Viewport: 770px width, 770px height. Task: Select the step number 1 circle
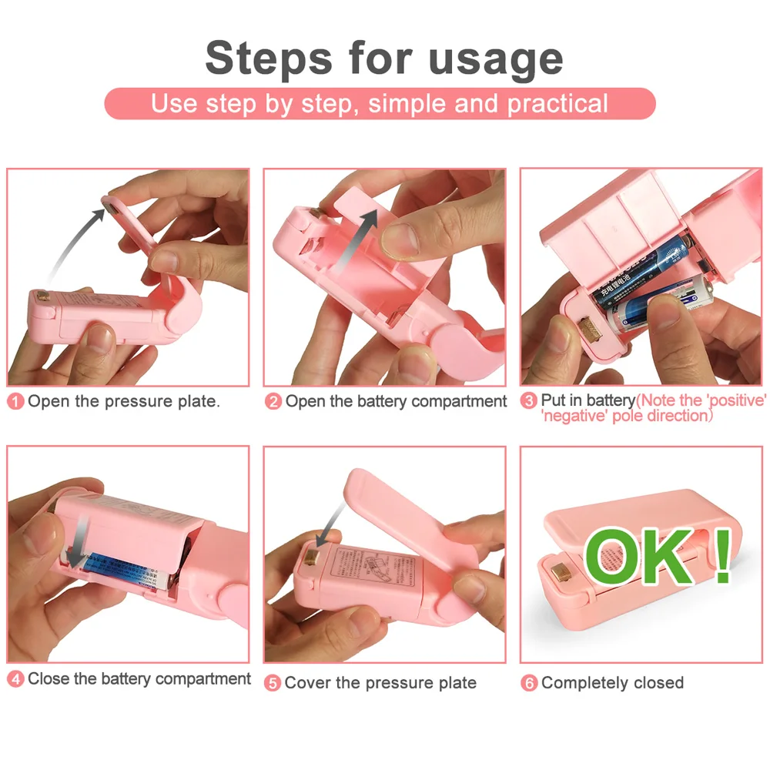click(15, 402)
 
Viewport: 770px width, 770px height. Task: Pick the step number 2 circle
click(273, 402)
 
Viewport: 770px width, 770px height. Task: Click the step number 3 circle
click(529, 401)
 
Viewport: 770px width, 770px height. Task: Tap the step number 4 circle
click(15, 679)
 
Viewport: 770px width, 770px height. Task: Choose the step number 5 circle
click(273, 683)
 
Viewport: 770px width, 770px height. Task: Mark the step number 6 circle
click(529, 683)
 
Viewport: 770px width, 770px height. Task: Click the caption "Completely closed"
click(612, 683)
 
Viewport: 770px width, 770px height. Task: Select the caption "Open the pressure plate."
click(124, 402)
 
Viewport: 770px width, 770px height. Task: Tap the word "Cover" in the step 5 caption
click(308, 683)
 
